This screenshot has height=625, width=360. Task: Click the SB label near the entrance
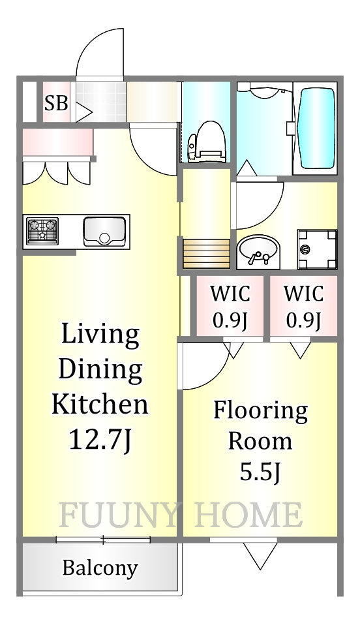click(x=56, y=104)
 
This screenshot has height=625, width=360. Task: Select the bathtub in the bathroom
click(x=318, y=128)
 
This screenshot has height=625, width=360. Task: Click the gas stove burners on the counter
click(x=42, y=231)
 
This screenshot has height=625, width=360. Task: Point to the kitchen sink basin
click(x=104, y=232)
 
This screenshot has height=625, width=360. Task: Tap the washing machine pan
click(x=317, y=249)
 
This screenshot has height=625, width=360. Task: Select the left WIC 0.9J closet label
click(x=230, y=306)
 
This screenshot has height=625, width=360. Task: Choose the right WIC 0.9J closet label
click(x=303, y=306)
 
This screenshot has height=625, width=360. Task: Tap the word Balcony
click(x=100, y=568)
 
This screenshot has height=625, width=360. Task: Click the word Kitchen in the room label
click(x=100, y=403)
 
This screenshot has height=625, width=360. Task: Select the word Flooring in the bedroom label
click(x=261, y=410)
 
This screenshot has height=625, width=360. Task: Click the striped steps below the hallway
click(x=207, y=254)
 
